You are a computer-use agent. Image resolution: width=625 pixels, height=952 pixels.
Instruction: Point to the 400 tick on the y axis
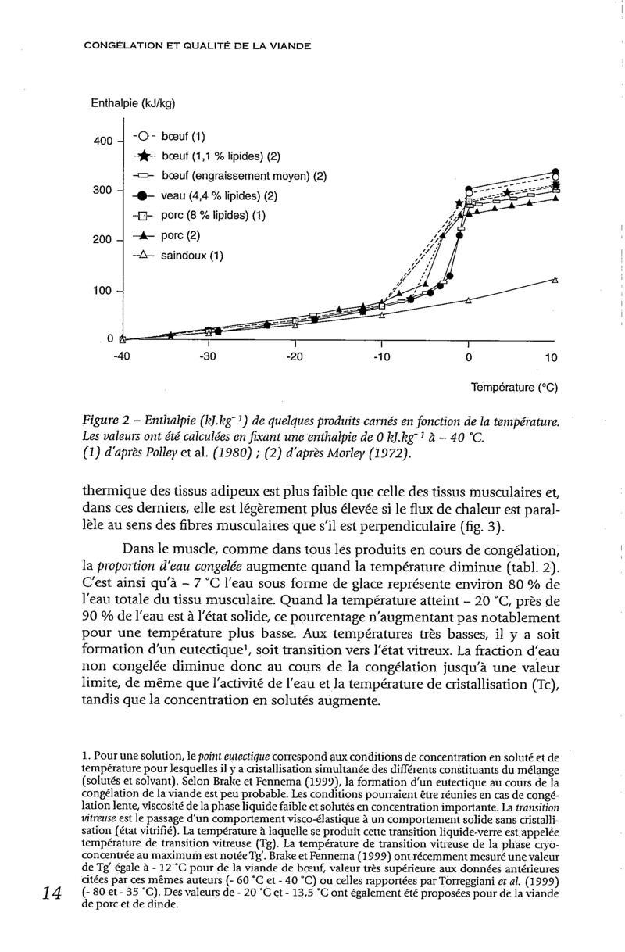click(x=103, y=141)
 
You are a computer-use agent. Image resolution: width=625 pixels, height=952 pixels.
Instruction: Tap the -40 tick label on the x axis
click(x=121, y=358)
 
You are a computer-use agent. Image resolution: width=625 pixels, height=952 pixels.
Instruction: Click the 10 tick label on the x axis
click(x=550, y=358)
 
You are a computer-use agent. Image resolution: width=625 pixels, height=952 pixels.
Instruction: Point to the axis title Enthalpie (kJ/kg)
click(x=134, y=102)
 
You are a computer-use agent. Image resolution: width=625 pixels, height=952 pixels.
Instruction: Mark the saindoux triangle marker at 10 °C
click(x=555, y=279)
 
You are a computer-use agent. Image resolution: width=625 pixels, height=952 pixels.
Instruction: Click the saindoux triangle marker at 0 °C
click(x=468, y=299)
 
